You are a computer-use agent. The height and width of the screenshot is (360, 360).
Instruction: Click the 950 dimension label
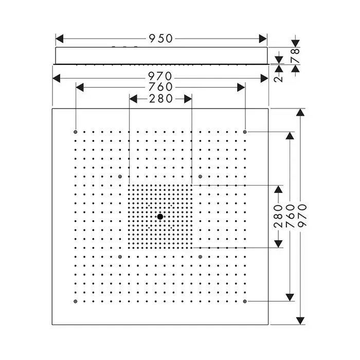tap(160, 39)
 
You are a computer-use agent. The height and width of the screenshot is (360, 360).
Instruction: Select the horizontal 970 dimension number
tap(160, 78)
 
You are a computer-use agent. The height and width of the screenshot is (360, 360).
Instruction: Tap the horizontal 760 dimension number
tap(160, 87)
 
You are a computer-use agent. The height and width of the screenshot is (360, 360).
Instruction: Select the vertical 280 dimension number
tap(279, 216)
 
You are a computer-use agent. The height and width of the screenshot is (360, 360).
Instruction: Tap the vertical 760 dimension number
tap(290, 216)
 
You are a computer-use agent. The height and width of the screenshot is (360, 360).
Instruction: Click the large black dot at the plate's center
tap(160, 217)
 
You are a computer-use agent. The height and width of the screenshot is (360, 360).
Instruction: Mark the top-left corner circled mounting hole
tap(76, 132)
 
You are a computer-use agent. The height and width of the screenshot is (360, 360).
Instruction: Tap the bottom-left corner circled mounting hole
tap(76, 301)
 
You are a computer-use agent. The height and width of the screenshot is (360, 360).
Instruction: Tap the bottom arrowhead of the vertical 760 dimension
tap(290, 297)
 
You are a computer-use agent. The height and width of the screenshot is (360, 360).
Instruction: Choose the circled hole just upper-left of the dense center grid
tap(120, 176)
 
